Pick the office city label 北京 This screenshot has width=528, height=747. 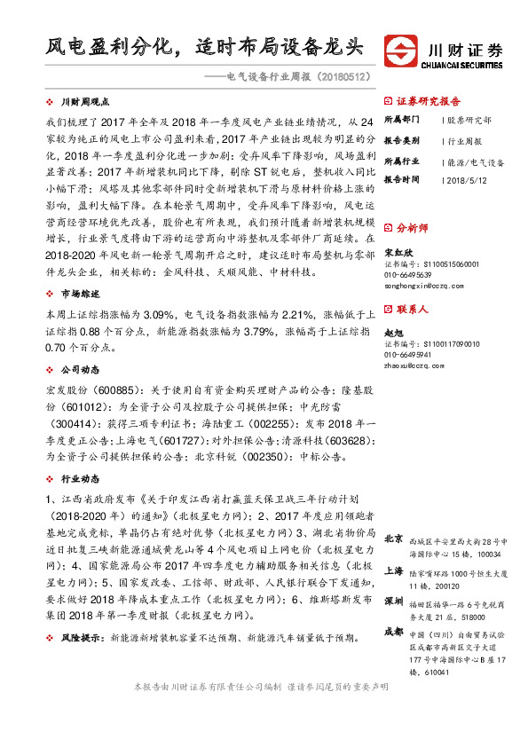pyautogui.click(x=393, y=539)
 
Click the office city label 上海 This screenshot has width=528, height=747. pyautogui.click(x=393, y=571)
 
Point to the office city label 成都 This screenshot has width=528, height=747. pyautogui.click(x=393, y=632)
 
